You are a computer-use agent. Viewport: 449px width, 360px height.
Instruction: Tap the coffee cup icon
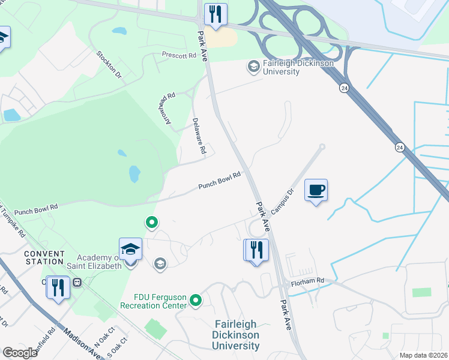(x=316, y=190)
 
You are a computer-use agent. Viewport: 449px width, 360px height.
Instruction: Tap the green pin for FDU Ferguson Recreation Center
(x=195, y=299)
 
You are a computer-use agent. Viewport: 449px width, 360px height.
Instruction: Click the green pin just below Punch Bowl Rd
(x=152, y=223)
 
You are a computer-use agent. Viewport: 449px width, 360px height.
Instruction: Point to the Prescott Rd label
(x=179, y=56)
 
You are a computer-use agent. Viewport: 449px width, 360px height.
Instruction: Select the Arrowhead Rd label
(x=167, y=109)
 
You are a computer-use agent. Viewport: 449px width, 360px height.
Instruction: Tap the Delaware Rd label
(x=199, y=136)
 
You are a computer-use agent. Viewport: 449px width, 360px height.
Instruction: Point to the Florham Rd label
(x=308, y=280)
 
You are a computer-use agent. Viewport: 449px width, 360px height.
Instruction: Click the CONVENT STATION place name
(x=44, y=257)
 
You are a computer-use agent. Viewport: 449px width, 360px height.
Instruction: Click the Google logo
(x=19, y=353)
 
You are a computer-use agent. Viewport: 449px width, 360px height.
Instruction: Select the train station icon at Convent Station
(x=77, y=282)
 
